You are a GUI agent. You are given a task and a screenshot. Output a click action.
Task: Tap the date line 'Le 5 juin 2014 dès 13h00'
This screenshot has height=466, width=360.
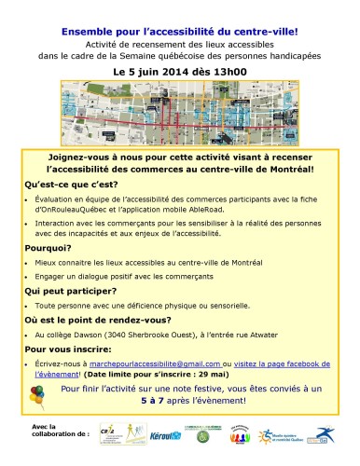click(178, 70)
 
